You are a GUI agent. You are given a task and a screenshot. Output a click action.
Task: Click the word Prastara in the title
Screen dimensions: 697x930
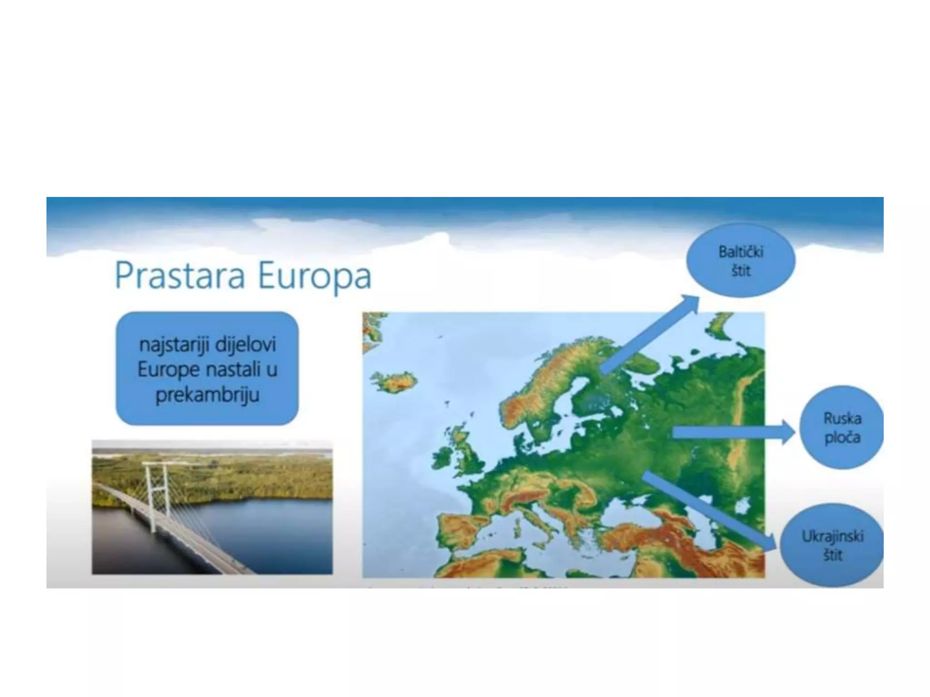click(180, 275)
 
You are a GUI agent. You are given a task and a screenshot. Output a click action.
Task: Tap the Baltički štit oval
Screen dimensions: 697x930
click(741, 261)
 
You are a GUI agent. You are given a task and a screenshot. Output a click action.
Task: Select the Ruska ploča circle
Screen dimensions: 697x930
click(841, 427)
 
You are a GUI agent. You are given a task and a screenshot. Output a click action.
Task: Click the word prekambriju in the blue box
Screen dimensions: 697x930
click(207, 395)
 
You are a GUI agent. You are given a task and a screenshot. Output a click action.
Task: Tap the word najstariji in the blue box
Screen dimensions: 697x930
click(175, 345)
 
